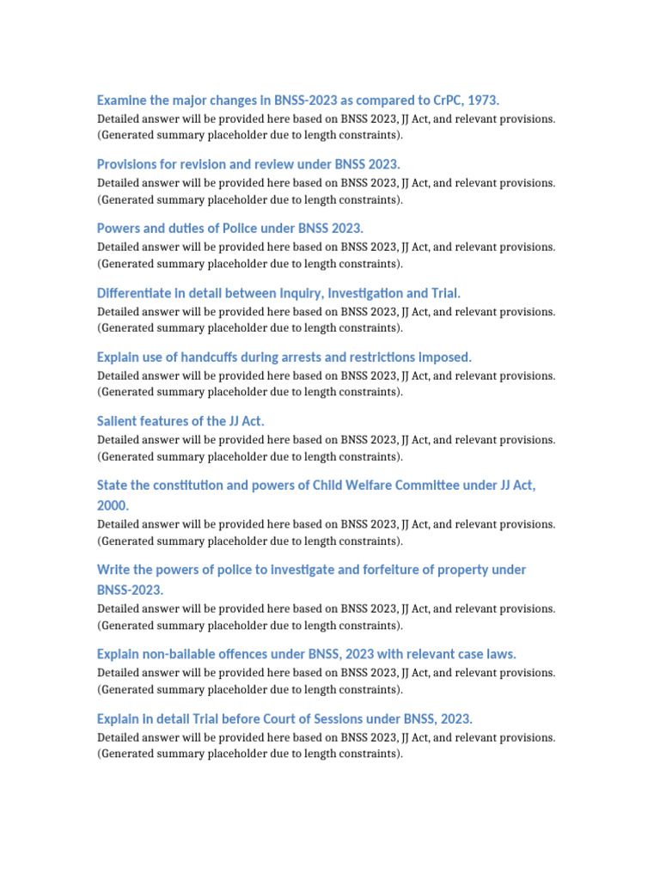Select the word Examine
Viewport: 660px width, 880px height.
pos(122,101)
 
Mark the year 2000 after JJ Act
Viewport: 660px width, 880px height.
pos(113,506)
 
